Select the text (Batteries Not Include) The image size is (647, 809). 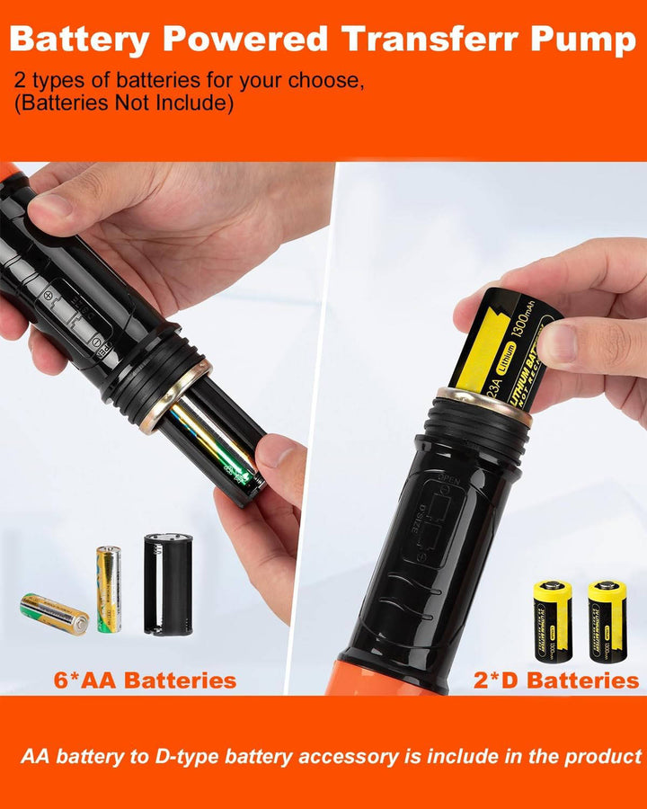coord(124,104)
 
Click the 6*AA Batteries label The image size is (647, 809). coord(146,680)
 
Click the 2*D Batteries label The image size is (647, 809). coord(555,680)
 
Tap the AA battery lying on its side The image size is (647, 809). coord(55,614)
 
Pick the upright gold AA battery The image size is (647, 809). coord(109,589)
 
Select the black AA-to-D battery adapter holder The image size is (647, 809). coord(168,584)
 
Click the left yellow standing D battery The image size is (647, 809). coord(552,621)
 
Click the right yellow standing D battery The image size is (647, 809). coord(607,621)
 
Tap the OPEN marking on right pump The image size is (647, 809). coord(448,478)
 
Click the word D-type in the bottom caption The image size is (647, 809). coord(183,756)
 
